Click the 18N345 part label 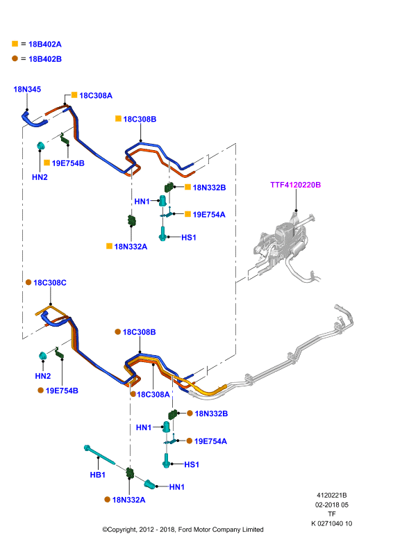[x=27, y=90]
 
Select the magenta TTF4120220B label [x=296, y=185]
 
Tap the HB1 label [x=97, y=475]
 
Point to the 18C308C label [x=50, y=283]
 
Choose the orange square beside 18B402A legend [x=15, y=44]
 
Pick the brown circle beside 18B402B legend [x=15, y=58]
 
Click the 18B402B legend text [x=45, y=59]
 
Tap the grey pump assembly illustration [x=286, y=248]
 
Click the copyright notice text [x=183, y=530]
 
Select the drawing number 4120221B [x=332, y=495]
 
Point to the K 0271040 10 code [x=332, y=523]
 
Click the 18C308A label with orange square [x=96, y=95]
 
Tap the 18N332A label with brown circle [x=128, y=500]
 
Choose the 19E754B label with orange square [x=68, y=163]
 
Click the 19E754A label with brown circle [x=210, y=441]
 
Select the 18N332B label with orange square [x=209, y=188]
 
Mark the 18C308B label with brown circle [x=140, y=332]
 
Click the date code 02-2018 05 [x=332, y=505]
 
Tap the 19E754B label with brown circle [x=62, y=391]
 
